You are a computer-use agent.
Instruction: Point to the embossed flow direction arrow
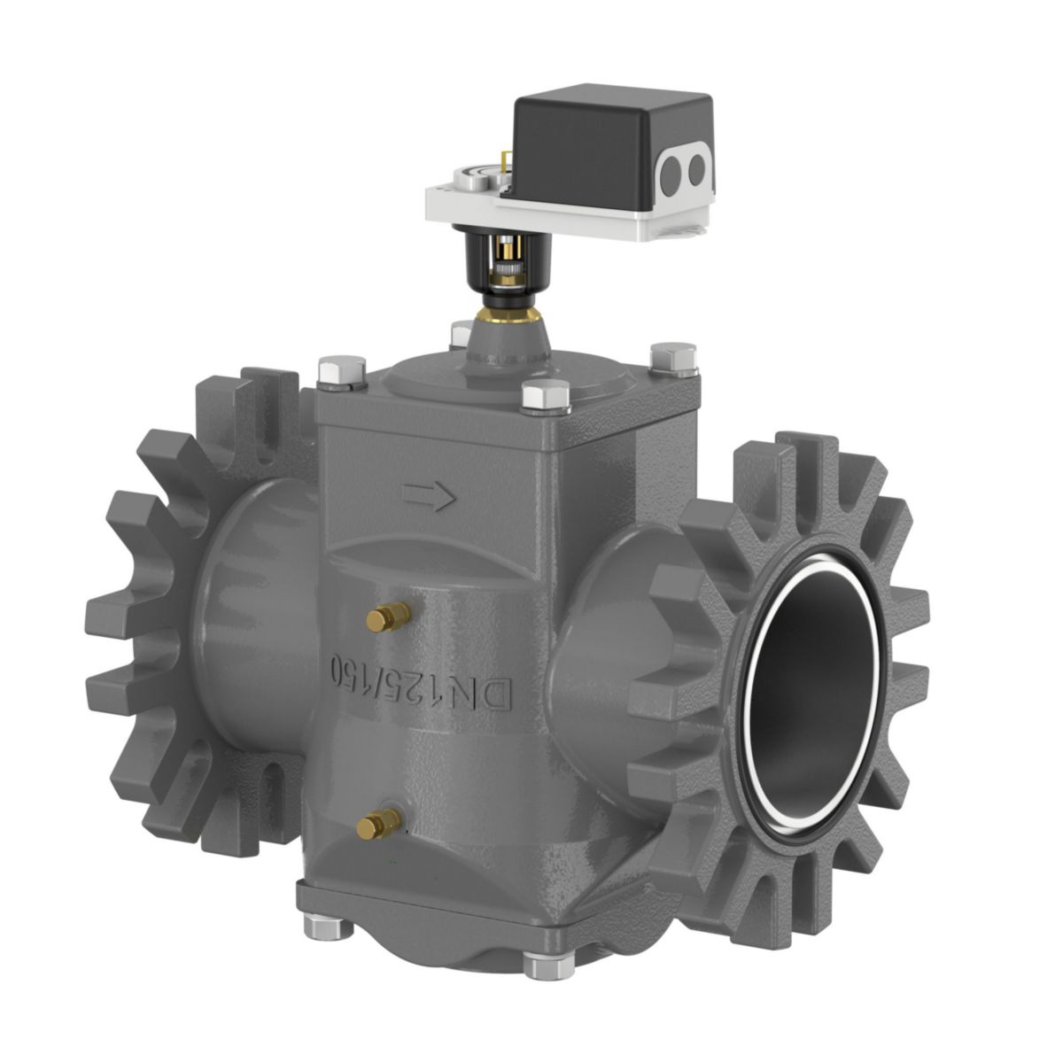pyautogui.click(x=429, y=496)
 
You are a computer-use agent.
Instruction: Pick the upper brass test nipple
pyautogui.click(x=388, y=617)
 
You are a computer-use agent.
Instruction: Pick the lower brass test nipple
pyautogui.click(x=379, y=826)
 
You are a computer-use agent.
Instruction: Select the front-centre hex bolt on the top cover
pyautogui.click(x=546, y=396)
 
